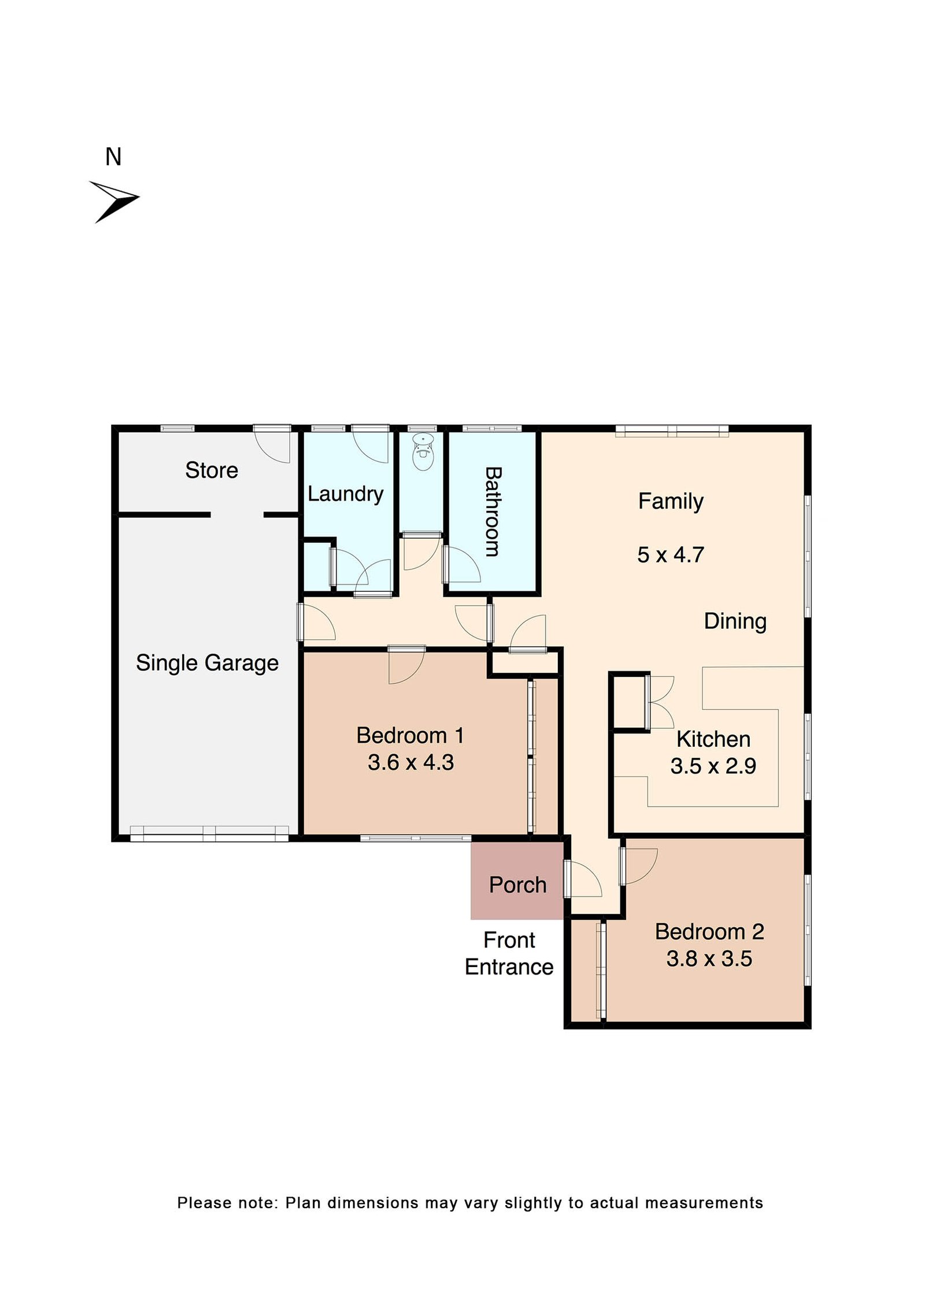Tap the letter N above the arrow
point(113,157)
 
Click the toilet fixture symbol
point(423,452)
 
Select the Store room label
point(212,470)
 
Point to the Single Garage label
point(207,662)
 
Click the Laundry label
point(345,493)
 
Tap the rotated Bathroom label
point(492,512)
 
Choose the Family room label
point(671,501)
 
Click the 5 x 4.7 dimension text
point(671,555)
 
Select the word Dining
point(735,621)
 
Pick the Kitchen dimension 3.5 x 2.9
point(713,766)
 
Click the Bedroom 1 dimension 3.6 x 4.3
point(410,762)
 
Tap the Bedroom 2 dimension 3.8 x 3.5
point(709,958)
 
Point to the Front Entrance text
point(509,954)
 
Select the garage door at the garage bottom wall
point(209,833)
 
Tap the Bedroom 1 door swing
point(405,667)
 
